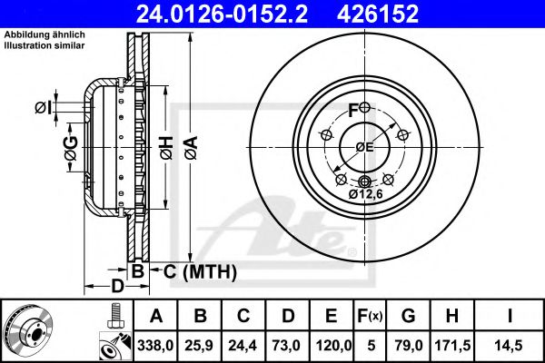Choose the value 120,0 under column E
332,345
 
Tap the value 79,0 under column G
411,345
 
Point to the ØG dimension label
70,154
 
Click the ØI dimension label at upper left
42,109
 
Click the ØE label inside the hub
364,148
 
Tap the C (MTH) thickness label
194,270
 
